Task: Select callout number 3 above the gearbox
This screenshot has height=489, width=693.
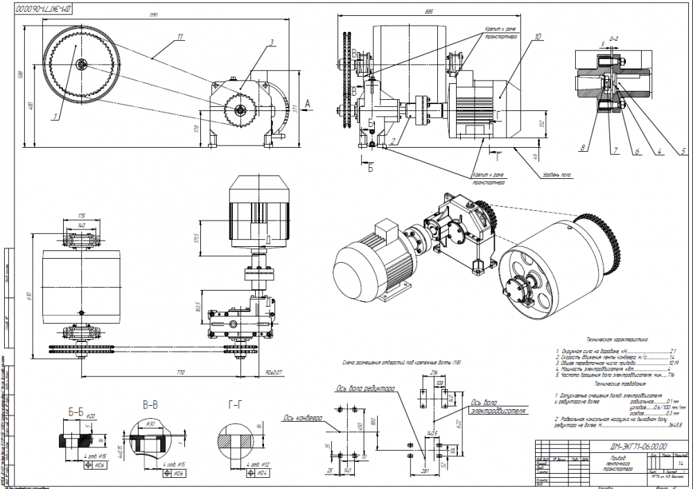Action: [273, 42]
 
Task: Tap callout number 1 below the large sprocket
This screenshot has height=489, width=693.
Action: [53, 117]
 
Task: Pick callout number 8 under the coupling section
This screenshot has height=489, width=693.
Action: [584, 148]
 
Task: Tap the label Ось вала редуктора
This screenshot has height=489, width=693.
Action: [365, 388]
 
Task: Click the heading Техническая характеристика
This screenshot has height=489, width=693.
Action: [615, 341]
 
